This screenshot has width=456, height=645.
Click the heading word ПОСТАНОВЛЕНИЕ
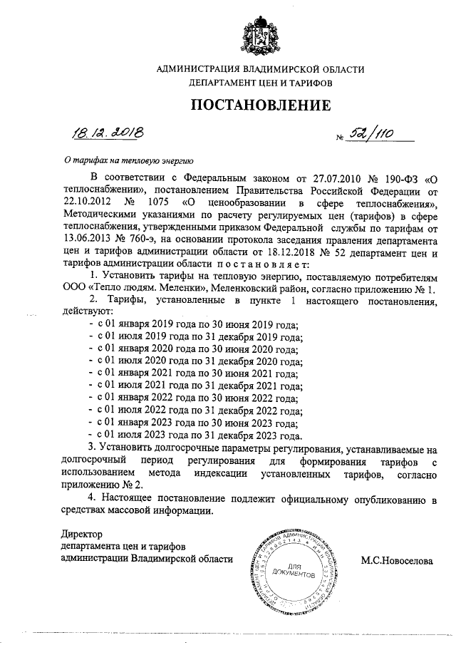(260, 106)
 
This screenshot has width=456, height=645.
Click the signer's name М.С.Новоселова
(397, 560)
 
